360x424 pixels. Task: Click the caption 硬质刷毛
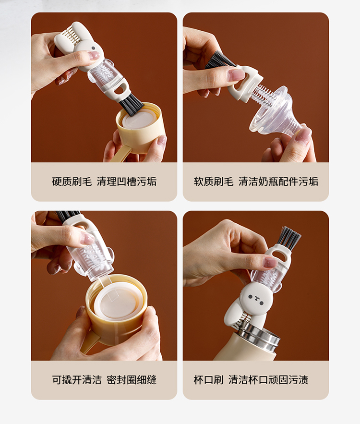click(x=72, y=182)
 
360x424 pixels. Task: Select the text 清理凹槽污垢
click(x=127, y=182)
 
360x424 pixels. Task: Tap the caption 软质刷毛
click(x=214, y=182)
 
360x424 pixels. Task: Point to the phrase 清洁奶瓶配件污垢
click(x=278, y=182)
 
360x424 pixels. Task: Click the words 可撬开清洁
click(x=77, y=380)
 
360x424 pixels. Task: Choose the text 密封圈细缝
click(x=132, y=380)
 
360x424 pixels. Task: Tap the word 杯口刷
click(x=208, y=380)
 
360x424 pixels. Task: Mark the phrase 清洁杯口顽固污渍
click(x=268, y=380)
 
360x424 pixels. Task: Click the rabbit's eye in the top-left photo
click(x=94, y=48)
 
